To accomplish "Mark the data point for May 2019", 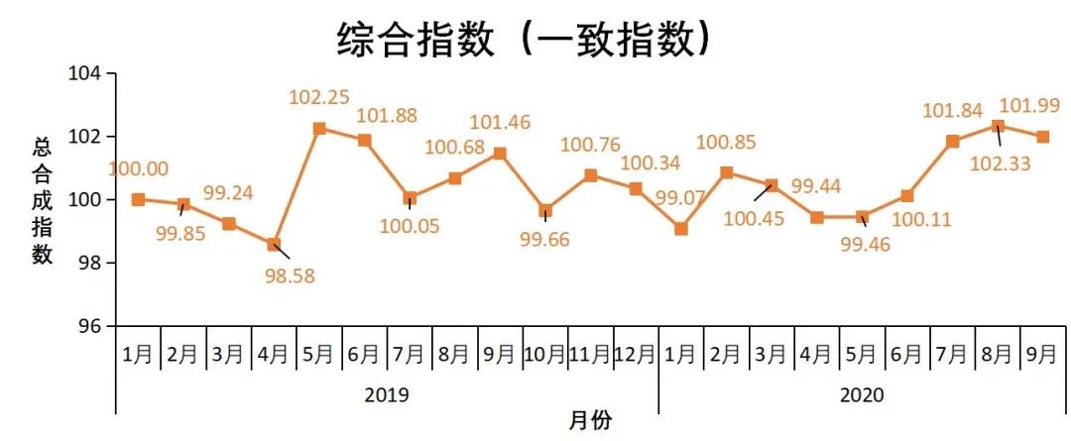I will [x=319, y=129].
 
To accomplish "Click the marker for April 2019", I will [x=275, y=244].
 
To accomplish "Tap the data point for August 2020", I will [x=998, y=126].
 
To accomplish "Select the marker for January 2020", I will [x=681, y=229].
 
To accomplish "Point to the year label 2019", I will [x=387, y=394].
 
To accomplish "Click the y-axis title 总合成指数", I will [x=43, y=199].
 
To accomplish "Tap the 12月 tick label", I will [x=635, y=353].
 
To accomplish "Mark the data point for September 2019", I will [x=500, y=154].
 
